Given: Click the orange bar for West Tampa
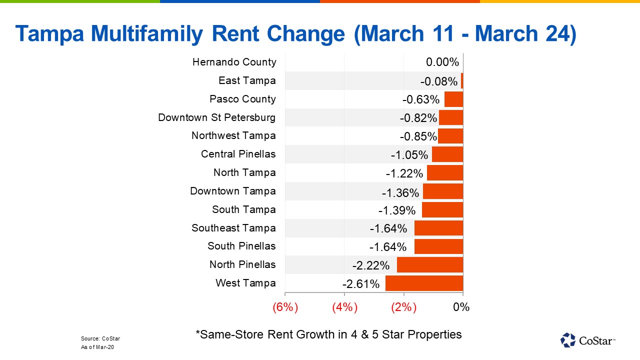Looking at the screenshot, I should click(424, 283).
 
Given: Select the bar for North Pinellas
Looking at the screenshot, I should click(430, 265).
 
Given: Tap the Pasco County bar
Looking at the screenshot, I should click(453, 99).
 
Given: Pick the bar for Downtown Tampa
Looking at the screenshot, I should click(443, 191).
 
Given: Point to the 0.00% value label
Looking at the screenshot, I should click(442, 62).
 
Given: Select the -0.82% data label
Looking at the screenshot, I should click(418, 118).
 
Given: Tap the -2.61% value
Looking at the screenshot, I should click(361, 284).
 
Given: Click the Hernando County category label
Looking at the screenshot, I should click(234, 62).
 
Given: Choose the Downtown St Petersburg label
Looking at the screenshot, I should click(216, 117).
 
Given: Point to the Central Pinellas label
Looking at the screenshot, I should click(238, 154).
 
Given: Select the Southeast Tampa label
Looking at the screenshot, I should click(233, 228).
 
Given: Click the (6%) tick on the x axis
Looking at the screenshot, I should click(285, 307).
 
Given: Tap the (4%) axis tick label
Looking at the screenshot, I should click(344, 307).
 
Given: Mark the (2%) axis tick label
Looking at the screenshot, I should click(403, 307).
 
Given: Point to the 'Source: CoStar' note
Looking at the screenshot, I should click(100, 338).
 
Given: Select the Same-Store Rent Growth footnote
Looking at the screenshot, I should click(328, 334).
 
